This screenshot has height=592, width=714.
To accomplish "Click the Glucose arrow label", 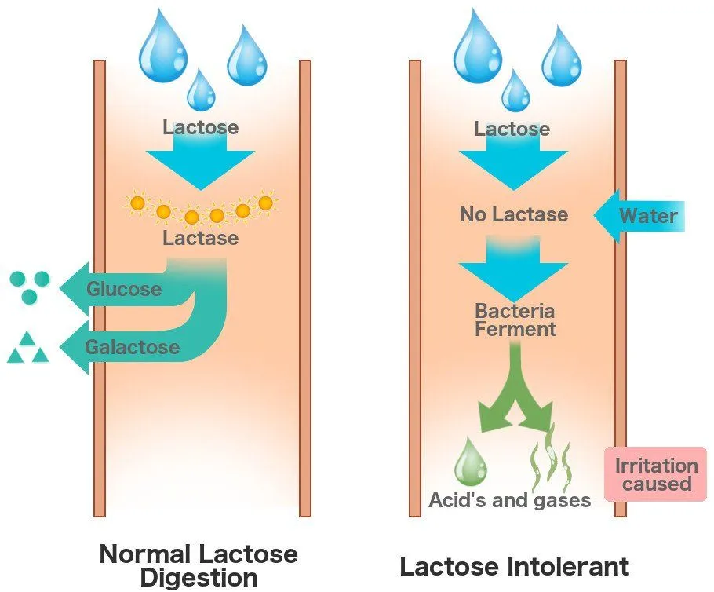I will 124,289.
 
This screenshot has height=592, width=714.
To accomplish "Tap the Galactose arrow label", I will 132,347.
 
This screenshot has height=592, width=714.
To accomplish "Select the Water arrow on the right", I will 639,214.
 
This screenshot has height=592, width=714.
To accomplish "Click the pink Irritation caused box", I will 656,474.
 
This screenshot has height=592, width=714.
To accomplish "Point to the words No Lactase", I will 514,214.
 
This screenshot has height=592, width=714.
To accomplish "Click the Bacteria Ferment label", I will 515,320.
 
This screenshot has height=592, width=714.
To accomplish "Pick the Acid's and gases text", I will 509,500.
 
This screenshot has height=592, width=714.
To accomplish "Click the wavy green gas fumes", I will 551,459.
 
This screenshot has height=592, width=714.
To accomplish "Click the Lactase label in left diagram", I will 201,237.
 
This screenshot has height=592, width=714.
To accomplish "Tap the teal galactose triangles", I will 27,349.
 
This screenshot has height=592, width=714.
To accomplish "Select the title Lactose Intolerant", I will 514,566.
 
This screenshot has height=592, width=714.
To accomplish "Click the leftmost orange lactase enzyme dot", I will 137,203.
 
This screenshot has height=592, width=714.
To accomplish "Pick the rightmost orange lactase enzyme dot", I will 265,203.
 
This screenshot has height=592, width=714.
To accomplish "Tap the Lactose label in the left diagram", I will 201,126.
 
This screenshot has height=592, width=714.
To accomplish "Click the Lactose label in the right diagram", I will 512,128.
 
